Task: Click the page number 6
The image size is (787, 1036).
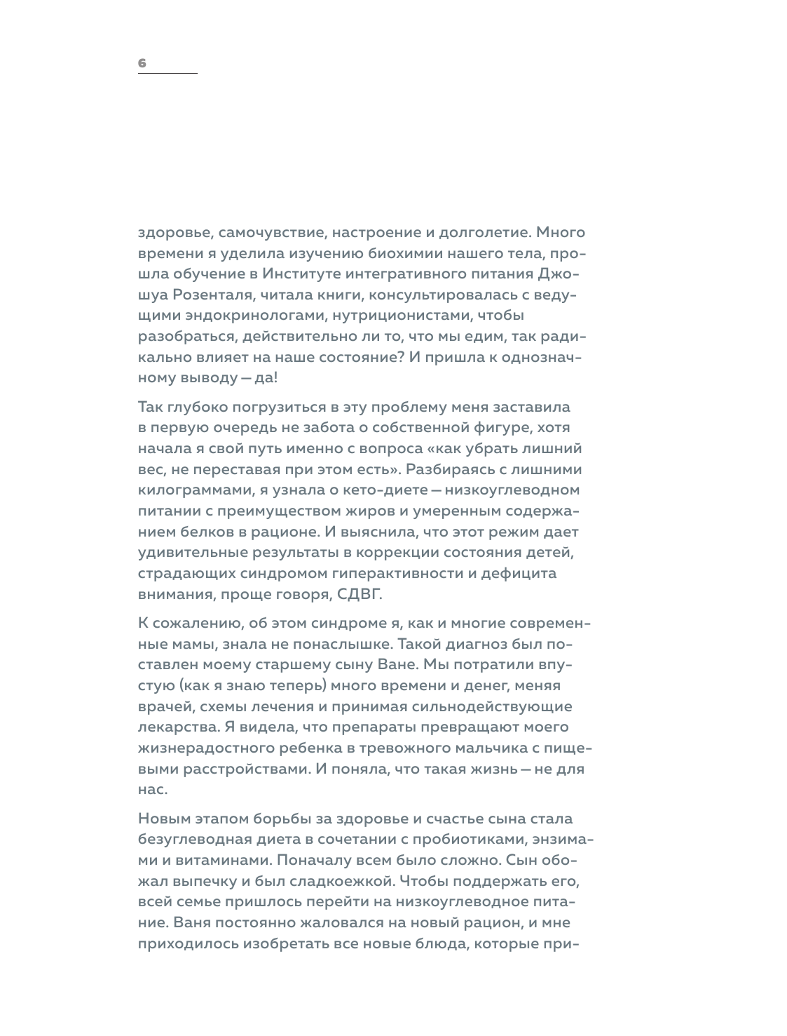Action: pyautogui.click(x=142, y=63)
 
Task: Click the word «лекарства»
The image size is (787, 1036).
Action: pyautogui.click(x=172, y=727)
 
